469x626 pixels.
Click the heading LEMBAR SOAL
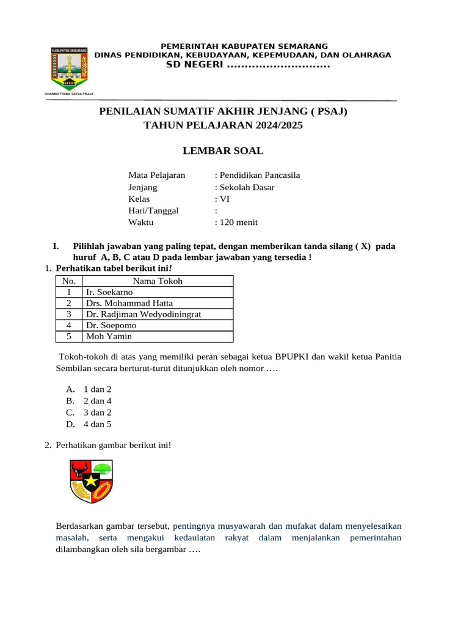coord(224,150)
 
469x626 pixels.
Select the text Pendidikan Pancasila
coord(260,175)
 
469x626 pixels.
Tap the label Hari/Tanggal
coord(153,210)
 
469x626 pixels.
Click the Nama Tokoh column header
coord(158,281)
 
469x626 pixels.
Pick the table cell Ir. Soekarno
coord(110,292)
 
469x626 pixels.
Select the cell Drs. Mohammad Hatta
coord(129,303)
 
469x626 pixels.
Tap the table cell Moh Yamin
coord(109,336)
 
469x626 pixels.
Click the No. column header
coord(69,281)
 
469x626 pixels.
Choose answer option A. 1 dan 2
coord(97,389)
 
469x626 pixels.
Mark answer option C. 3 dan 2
coord(97,412)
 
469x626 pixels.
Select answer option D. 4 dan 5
coord(97,424)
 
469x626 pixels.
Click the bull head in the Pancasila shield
coord(79,471)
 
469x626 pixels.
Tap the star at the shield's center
coord(92,481)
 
